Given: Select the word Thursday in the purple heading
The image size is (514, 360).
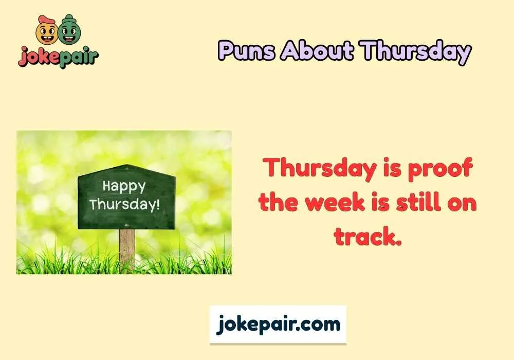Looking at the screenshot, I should (415, 51).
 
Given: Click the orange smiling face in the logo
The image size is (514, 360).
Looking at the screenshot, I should (46, 31).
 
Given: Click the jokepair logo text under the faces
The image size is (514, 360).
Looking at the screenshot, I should (58, 56).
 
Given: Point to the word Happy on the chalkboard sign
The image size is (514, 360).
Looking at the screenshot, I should (124, 186).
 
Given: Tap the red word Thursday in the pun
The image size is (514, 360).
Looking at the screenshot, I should (315, 169).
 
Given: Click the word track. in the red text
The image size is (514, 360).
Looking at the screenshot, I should (367, 236).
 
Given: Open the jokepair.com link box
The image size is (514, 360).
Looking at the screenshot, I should (278, 325).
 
